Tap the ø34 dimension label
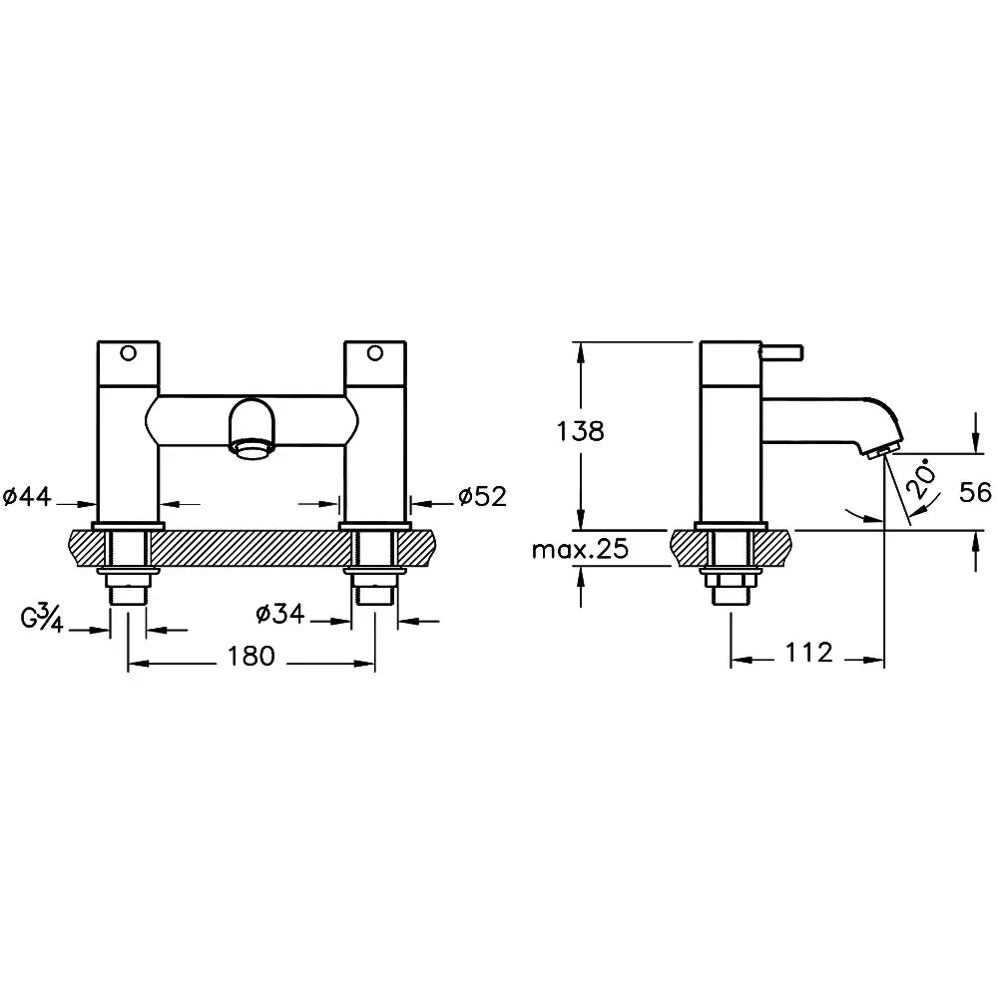tap(279, 615)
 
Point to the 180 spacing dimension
tap(250, 656)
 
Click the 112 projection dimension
tap(808, 653)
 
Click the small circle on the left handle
tap(127, 352)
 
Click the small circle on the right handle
tap(374, 352)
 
